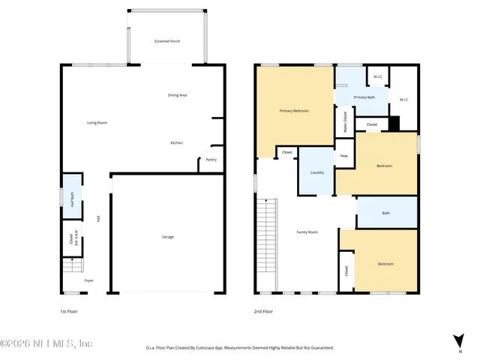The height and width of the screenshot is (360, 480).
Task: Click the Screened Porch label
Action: click(x=166, y=41)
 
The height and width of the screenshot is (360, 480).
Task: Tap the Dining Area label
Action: click(x=177, y=95)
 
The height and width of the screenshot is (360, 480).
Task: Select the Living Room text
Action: click(x=97, y=122)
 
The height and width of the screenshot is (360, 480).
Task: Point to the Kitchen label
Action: click(x=176, y=142)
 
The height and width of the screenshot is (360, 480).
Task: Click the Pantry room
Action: click(x=211, y=159)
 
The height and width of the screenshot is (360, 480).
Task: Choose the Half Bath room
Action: click(x=72, y=196)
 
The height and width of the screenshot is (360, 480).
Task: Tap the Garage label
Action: click(x=167, y=237)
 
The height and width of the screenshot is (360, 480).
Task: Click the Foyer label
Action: click(x=88, y=280)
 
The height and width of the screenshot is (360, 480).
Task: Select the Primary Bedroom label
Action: click(x=294, y=111)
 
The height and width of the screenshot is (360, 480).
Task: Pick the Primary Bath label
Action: click(x=364, y=97)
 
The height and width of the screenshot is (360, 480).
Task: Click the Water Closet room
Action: click(x=344, y=121)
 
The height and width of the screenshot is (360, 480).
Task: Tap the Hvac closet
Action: click(x=344, y=155)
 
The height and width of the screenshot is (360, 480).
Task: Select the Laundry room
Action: click(x=316, y=172)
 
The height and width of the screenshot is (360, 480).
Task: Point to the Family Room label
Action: click(x=307, y=232)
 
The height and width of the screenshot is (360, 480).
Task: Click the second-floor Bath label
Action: click(x=385, y=213)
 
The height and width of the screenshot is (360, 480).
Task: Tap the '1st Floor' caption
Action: click(x=69, y=311)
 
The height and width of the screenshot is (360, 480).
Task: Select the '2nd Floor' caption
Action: click(x=263, y=311)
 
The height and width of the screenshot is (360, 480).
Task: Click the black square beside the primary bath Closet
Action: click(x=394, y=124)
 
